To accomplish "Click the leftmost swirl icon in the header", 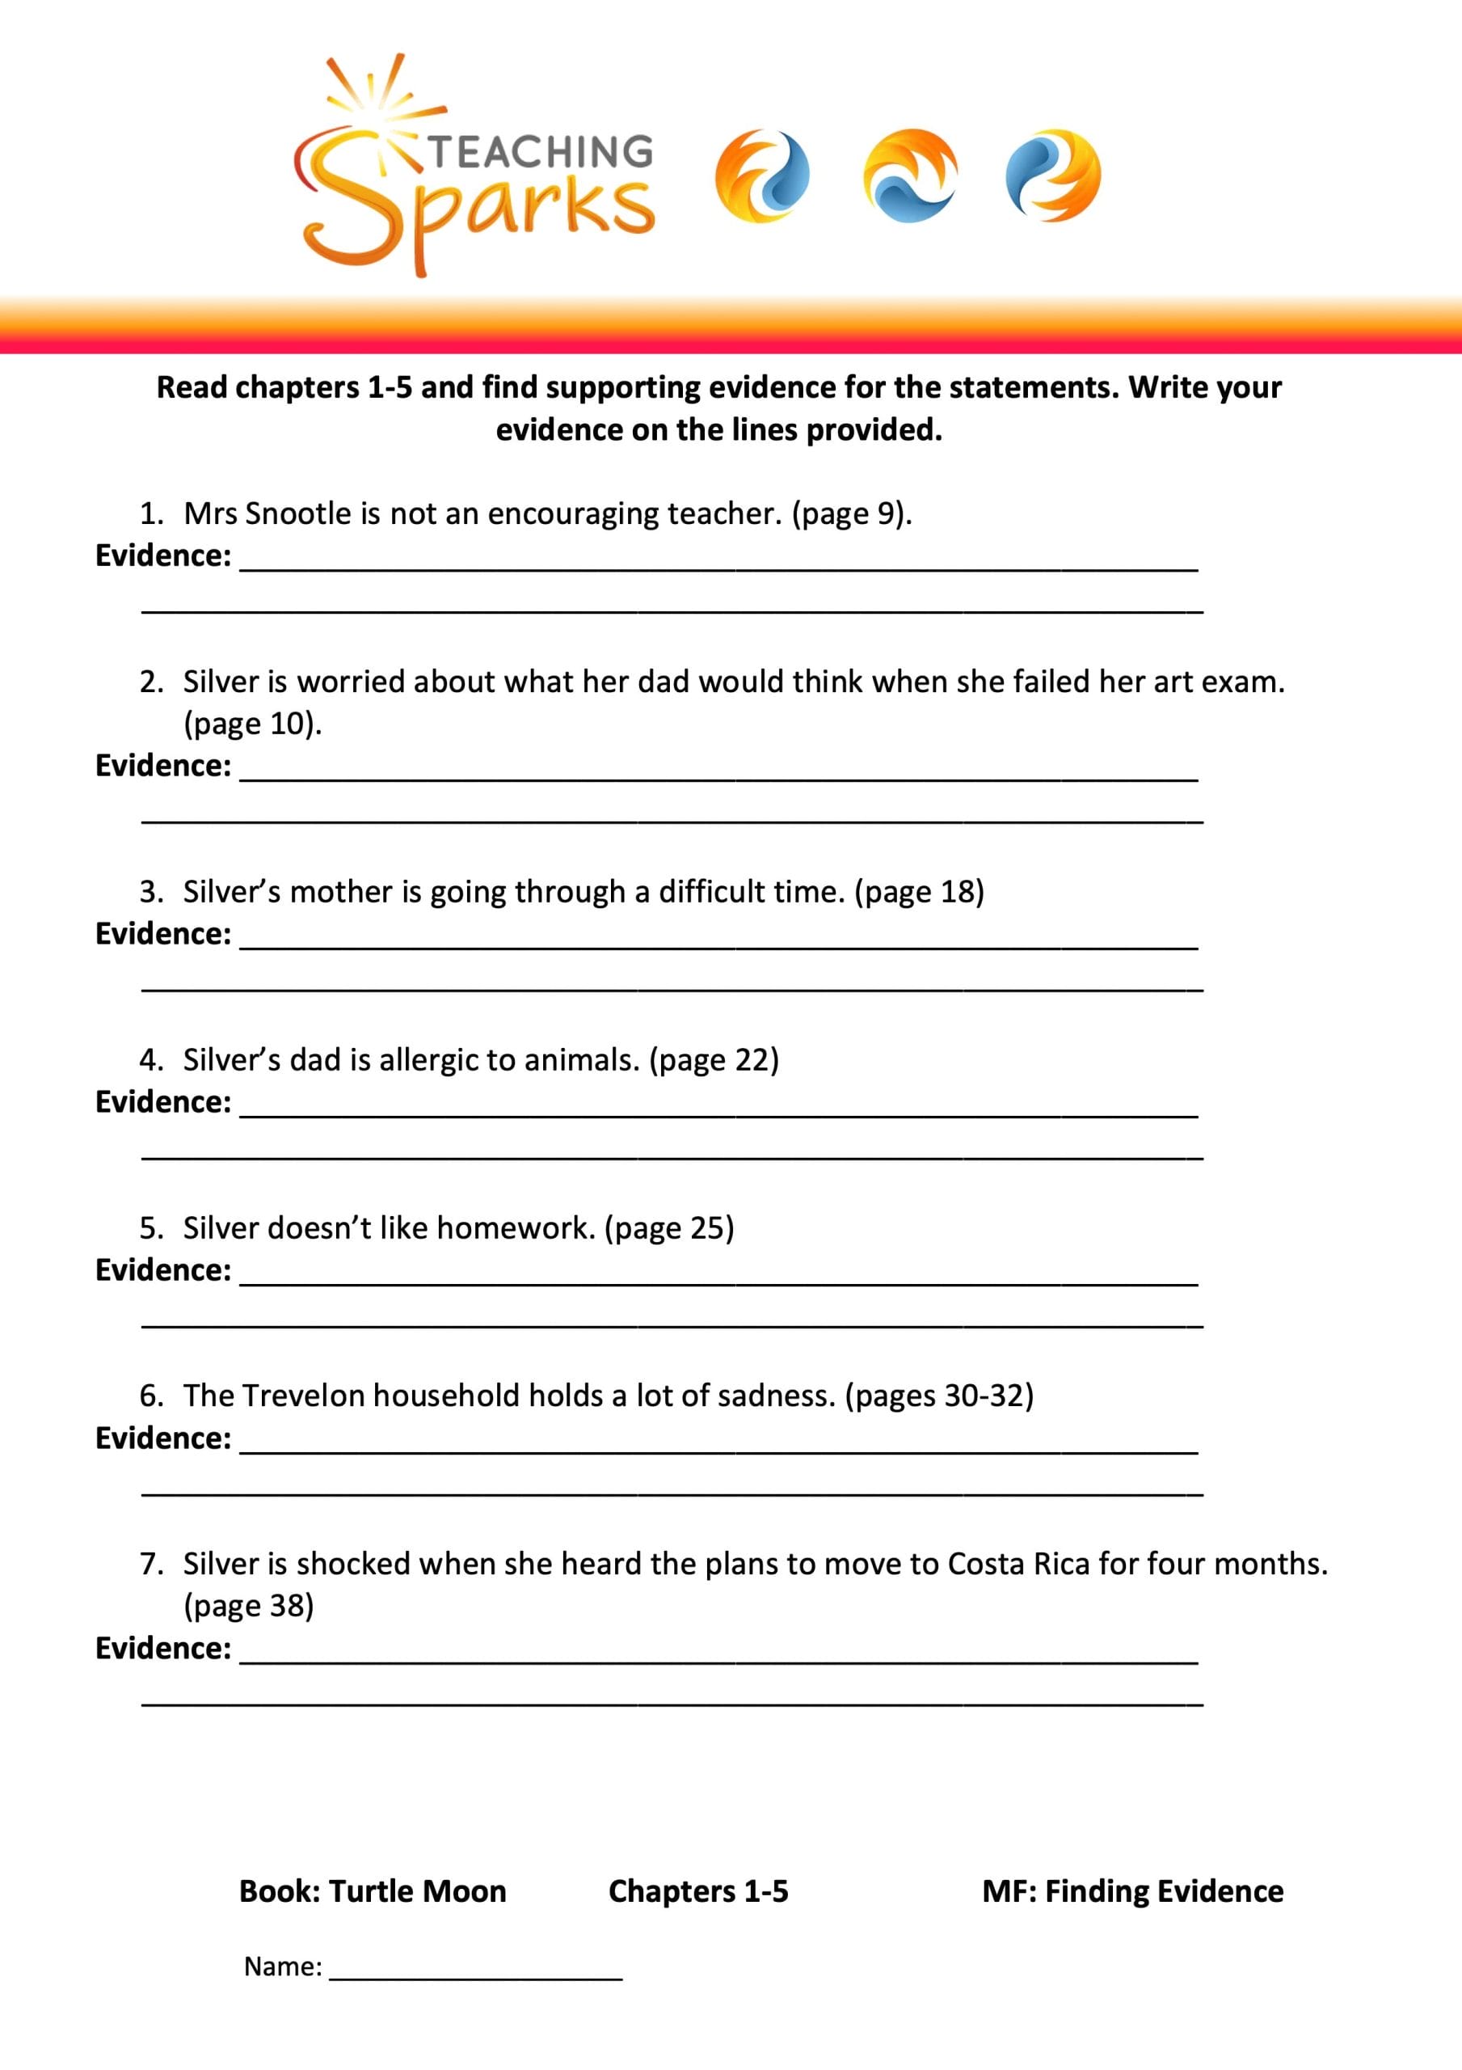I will tap(761, 175).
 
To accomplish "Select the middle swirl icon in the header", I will tap(909, 175).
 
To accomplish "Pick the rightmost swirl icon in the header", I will tap(1053, 175).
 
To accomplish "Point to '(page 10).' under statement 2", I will tap(252, 723).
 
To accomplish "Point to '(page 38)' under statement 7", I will tap(249, 1605).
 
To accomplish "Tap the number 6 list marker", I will tap(150, 1396).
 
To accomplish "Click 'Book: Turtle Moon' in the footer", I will tap(373, 1890).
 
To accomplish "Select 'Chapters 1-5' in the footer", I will tap(697, 1890).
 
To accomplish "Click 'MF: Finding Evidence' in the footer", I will tap(1132, 1890).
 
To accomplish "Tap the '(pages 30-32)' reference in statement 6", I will tap(939, 1395).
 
